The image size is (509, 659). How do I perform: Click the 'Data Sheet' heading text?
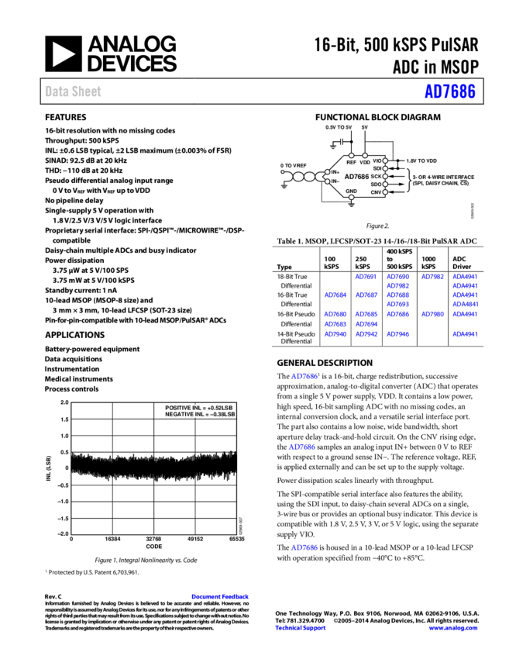(73, 91)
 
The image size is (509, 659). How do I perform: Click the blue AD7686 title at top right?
(449, 91)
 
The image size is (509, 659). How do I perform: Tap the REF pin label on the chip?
(351, 163)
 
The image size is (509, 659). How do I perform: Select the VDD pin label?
(365, 163)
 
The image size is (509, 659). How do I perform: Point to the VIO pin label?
(377, 160)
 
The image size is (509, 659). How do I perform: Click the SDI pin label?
(377, 168)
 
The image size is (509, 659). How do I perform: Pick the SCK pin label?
(376, 176)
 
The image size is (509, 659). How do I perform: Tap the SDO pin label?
(376, 184)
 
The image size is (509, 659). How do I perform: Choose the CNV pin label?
(376, 191)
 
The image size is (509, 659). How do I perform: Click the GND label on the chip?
(351, 191)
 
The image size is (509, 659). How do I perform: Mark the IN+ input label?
(335, 172)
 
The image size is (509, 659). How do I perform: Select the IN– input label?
(335, 181)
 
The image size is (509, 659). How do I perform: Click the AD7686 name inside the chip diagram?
(356, 176)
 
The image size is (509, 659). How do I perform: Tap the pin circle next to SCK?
(385, 176)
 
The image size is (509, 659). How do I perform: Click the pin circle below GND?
(351, 198)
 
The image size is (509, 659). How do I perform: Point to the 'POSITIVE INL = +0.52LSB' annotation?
(198, 408)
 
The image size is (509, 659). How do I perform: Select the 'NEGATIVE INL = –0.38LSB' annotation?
(198, 415)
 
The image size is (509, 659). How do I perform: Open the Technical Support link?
(301, 628)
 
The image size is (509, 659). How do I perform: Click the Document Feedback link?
(220, 596)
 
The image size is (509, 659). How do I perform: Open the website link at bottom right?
(453, 628)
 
